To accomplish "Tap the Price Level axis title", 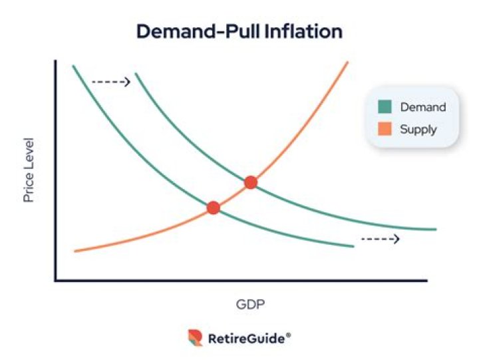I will coord(29,170).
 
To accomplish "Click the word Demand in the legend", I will coord(422,106).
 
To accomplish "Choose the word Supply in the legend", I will coord(418,128).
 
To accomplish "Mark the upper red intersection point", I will coord(250,182).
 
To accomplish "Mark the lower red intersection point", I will coord(213,208).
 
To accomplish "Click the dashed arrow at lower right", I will coord(380,238).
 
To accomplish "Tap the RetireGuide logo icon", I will coord(195,338).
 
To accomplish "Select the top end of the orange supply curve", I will coord(348,62).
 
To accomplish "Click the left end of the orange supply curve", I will coord(76,251).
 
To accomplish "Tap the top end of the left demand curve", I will coord(73,66).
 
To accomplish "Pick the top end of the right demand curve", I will coord(136,73).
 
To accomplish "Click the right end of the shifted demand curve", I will coord(435,230).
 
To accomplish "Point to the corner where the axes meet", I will coord(56,280).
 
